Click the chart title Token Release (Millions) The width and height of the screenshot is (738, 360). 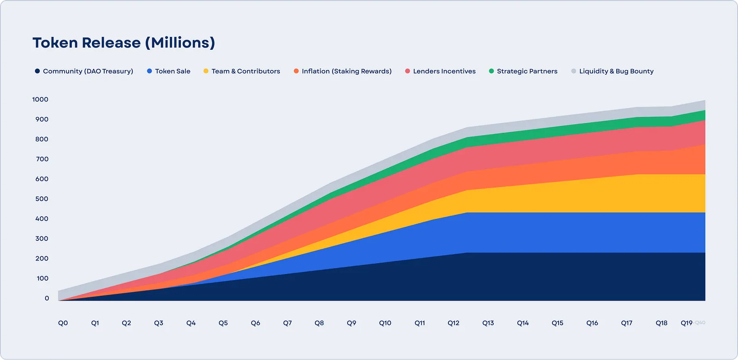tap(124, 43)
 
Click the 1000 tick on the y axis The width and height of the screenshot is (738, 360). tap(40, 100)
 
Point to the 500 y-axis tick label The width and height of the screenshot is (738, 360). tap(42, 199)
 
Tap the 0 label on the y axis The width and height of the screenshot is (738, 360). tap(47, 298)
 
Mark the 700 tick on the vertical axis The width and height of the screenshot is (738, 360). tap(42, 159)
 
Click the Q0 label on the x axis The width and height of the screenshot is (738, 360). tap(63, 323)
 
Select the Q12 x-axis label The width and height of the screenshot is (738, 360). tap(453, 323)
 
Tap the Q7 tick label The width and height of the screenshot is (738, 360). tap(287, 323)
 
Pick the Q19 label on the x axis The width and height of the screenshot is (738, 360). tap(686, 323)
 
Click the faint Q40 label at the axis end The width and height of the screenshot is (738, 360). tap(700, 323)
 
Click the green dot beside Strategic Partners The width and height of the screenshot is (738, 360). tap(491, 71)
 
